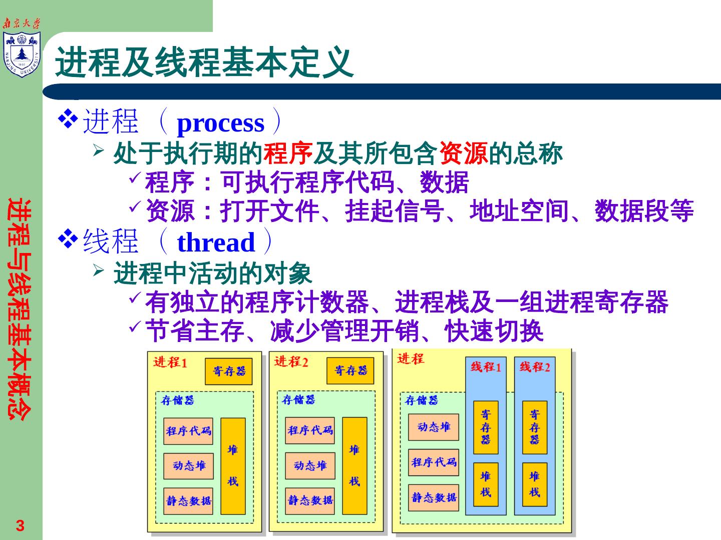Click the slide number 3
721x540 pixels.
pyautogui.click(x=20, y=525)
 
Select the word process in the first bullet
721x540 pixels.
pyautogui.click(x=220, y=123)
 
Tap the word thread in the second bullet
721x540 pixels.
pyautogui.click(x=216, y=242)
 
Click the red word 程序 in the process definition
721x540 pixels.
pyautogui.click(x=288, y=153)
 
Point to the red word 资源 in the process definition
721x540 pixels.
pyautogui.click(x=463, y=153)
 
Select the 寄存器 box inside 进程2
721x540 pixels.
pyautogui.click(x=350, y=370)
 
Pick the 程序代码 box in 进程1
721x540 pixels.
pyautogui.click(x=188, y=431)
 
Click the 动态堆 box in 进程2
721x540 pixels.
pyautogui.click(x=310, y=466)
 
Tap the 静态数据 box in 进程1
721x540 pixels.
pyautogui.click(x=188, y=501)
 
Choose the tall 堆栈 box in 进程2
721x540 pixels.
pyautogui.click(x=354, y=466)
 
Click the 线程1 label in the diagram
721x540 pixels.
pyautogui.click(x=486, y=367)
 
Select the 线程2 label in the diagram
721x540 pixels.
pyautogui.click(x=534, y=367)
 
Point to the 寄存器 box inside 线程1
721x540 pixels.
pyautogui.click(x=486, y=427)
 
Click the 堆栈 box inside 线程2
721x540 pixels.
pyautogui.click(x=534, y=484)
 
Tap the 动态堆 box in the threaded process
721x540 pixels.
pyautogui.click(x=434, y=427)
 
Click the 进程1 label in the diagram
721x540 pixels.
pyautogui.click(x=170, y=362)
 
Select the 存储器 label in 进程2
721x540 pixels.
pyautogui.click(x=298, y=399)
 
